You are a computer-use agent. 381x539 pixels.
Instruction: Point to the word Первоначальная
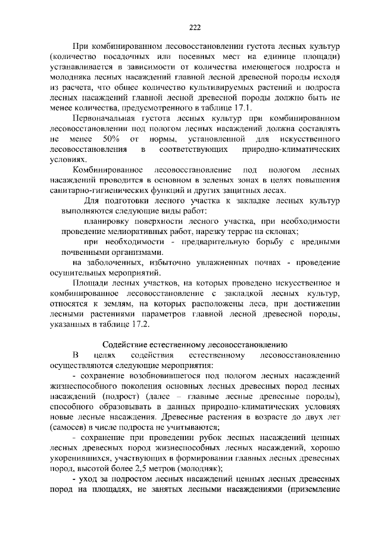(105, 119)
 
